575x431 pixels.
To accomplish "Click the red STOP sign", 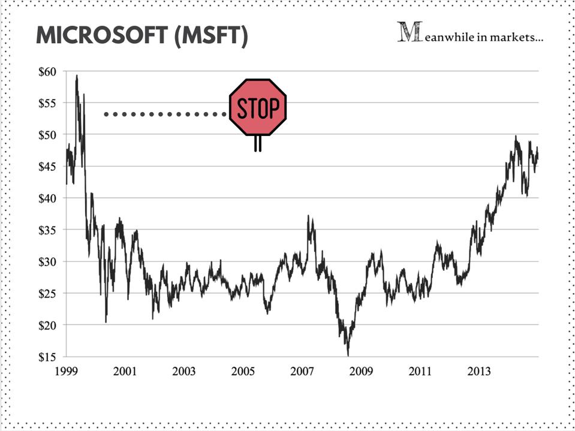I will [x=258, y=107].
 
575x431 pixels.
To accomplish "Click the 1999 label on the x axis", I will [x=67, y=372].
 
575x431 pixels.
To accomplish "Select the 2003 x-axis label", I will [x=184, y=372].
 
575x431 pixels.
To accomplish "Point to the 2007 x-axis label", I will [x=302, y=372].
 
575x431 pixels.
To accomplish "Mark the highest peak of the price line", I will [x=77, y=76].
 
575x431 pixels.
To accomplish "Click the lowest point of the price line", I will [x=348, y=355].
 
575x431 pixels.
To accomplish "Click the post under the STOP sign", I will [x=258, y=143].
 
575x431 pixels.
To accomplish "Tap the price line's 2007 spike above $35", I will [x=309, y=217].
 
